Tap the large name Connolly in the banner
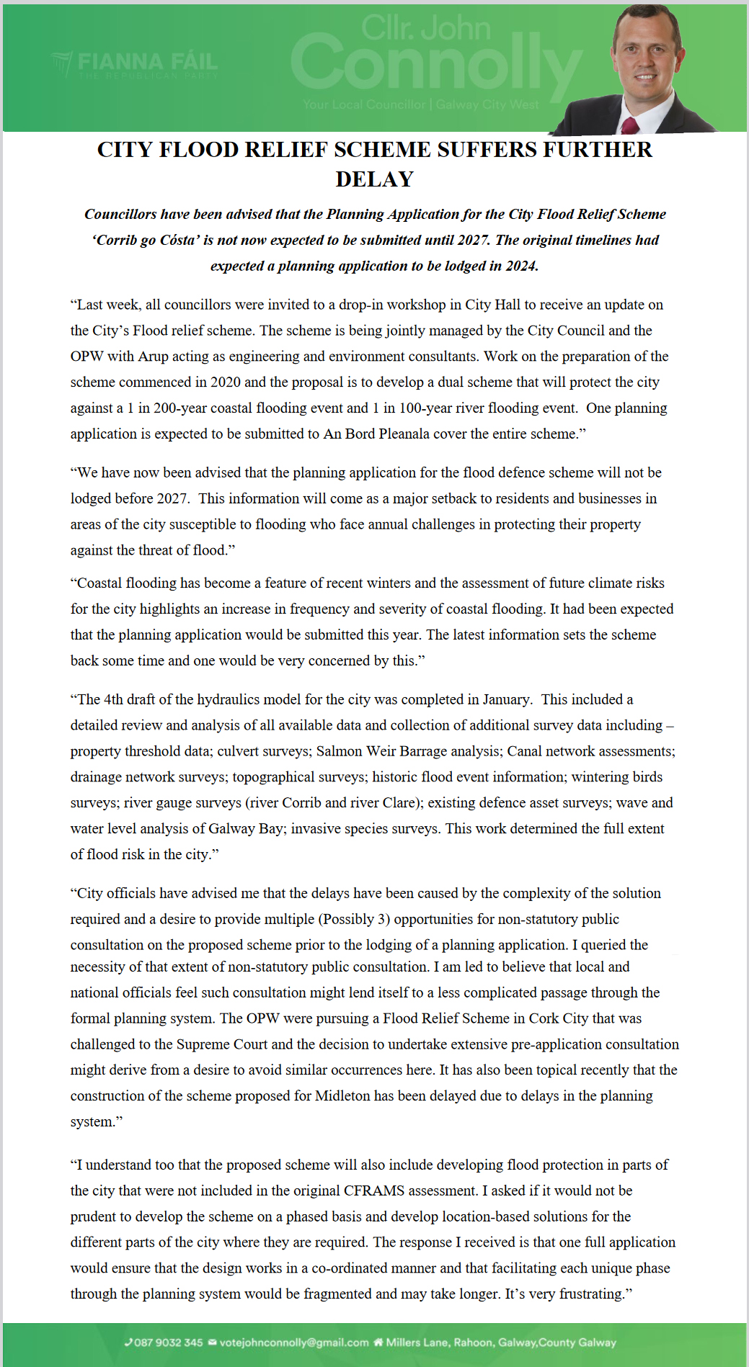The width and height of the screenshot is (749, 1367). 435,66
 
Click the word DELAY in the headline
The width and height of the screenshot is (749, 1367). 374,179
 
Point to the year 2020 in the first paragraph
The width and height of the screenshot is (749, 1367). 226,382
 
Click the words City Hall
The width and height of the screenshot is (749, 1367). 492,305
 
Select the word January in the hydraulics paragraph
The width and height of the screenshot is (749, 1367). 505,699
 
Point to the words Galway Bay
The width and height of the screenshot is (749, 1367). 245,829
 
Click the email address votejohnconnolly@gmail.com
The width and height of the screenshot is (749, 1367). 293,1343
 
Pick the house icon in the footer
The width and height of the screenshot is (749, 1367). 378,1343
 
